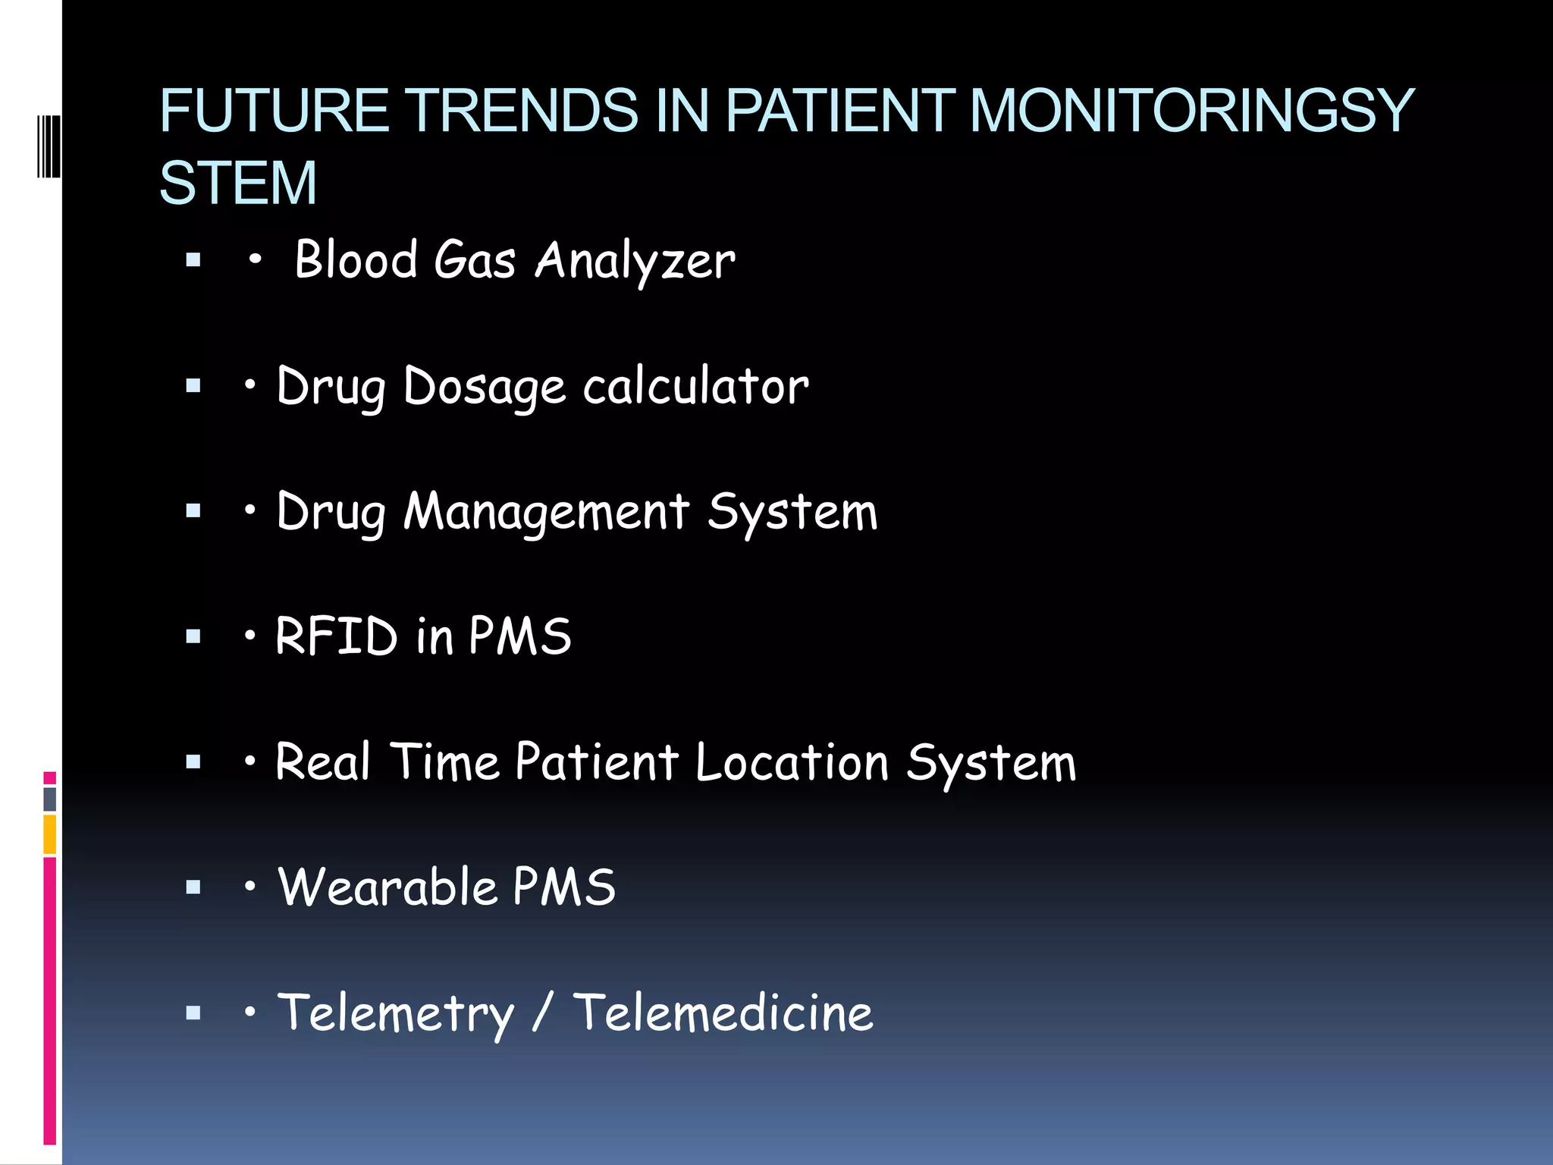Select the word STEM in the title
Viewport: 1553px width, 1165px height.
pyautogui.click(x=238, y=184)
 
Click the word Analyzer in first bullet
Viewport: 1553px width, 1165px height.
pyautogui.click(x=635, y=260)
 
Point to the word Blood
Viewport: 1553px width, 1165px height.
pyautogui.click(x=356, y=259)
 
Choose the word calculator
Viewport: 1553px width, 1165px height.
pyautogui.click(x=695, y=387)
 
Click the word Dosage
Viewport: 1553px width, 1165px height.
pyautogui.click(x=485, y=387)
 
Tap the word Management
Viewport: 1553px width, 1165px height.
pyautogui.click(x=546, y=512)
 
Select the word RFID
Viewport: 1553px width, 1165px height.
pyautogui.click(x=336, y=636)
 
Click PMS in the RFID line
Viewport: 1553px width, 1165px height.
pyautogui.click(x=520, y=636)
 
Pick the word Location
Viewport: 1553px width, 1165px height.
pyautogui.click(x=792, y=761)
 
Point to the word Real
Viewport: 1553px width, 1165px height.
pyautogui.click(x=323, y=761)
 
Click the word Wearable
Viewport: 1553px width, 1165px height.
pyautogui.click(x=387, y=887)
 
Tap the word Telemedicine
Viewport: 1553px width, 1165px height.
pyautogui.click(x=723, y=1013)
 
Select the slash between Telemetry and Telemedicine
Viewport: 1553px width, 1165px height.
pyautogui.click(x=542, y=1013)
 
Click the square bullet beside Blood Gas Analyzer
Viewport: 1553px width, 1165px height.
pyautogui.click(x=193, y=261)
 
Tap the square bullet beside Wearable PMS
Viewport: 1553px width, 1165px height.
pyautogui.click(x=193, y=887)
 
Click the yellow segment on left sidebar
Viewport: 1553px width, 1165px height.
pyautogui.click(x=50, y=834)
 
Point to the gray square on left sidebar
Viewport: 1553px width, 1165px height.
pyautogui.click(x=50, y=799)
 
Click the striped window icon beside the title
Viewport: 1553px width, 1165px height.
pyautogui.click(x=48, y=146)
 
